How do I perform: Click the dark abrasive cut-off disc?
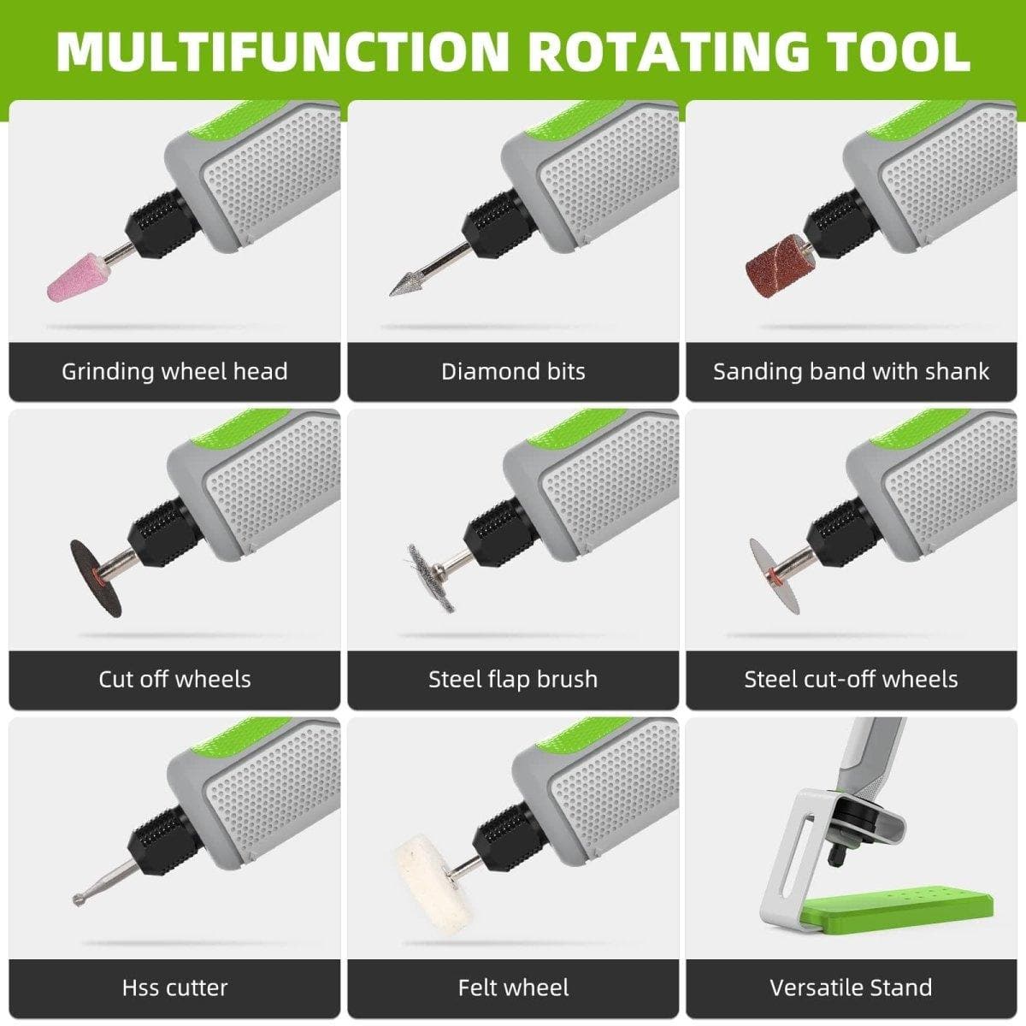pyautogui.click(x=96, y=578)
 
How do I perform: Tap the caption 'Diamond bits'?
pyautogui.click(x=513, y=371)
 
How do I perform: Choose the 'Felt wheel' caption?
pyautogui.click(x=513, y=988)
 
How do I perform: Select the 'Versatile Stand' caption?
pyautogui.click(x=851, y=988)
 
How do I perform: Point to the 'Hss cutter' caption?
pyautogui.click(x=174, y=988)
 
